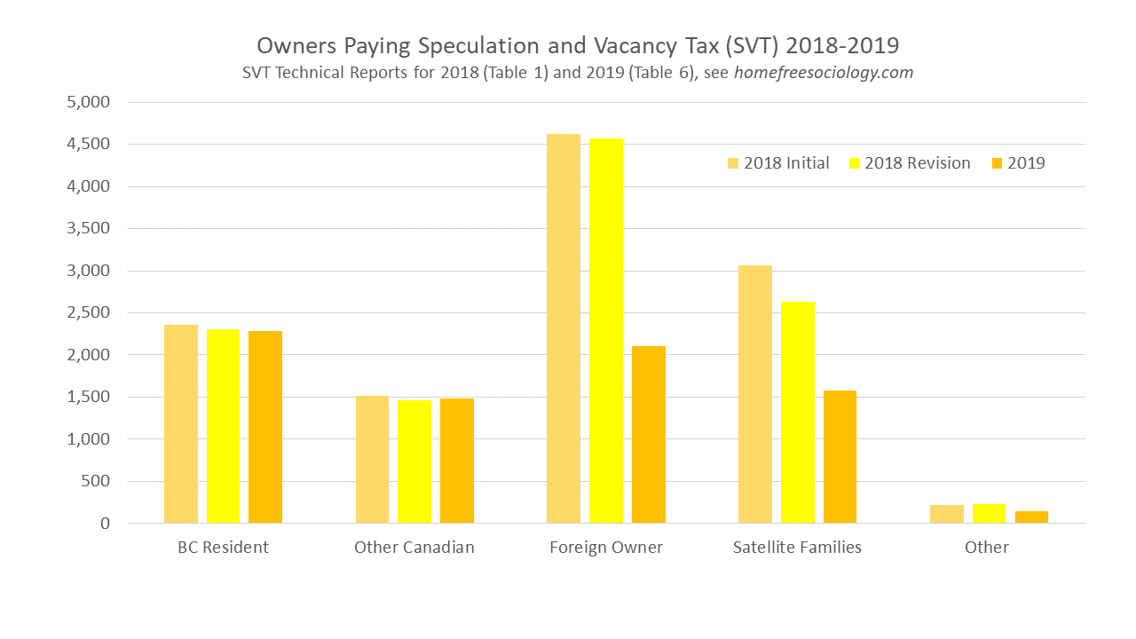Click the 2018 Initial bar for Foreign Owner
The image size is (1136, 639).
[564, 328]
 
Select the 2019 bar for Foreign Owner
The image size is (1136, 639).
[649, 435]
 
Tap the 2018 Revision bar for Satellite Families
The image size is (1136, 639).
[797, 413]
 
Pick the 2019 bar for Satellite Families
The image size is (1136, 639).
[840, 457]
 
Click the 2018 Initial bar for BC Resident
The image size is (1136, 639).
[181, 424]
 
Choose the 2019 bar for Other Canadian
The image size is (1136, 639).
[457, 461]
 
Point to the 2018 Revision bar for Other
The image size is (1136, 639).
[989, 514]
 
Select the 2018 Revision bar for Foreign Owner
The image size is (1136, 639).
[606, 331]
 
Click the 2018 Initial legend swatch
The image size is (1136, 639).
[733, 163]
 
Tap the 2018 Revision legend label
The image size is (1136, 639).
[917, 163]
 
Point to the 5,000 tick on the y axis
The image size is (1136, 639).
[89, 102]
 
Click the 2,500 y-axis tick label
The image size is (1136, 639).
[89, 312]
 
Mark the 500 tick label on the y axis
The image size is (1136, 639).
[96, 481]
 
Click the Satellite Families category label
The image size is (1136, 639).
[797, 548]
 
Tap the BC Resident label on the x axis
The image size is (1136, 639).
[223, 548]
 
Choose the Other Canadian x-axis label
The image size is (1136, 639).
[414, 548]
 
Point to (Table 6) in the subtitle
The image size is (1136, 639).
[665, 73]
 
